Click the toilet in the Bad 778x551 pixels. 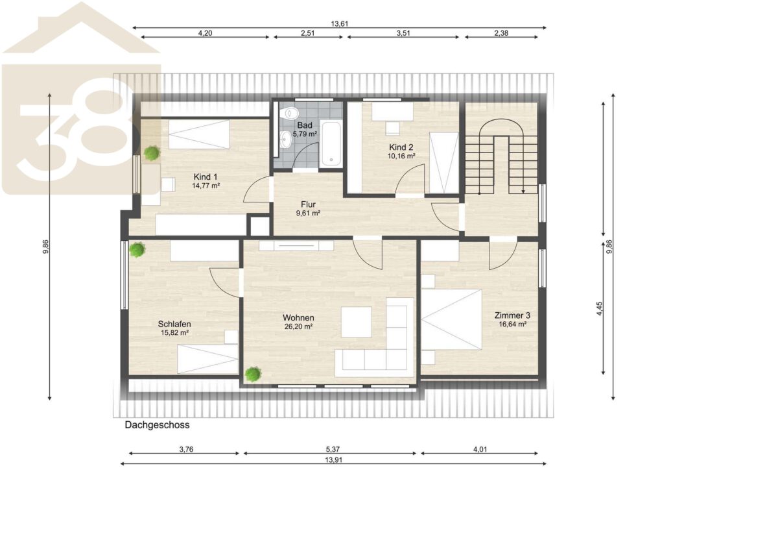[290, 113]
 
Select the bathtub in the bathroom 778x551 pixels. [331, 143]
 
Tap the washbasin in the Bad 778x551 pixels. [285, 140]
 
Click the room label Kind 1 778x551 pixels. [206, 177]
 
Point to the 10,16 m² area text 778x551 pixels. [401, 156]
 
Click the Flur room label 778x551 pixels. [308, 204]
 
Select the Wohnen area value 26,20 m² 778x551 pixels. [298, 327]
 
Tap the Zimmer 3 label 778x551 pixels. [512, 315]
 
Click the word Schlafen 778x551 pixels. [174, 324]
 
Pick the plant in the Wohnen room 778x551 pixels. [253, 374]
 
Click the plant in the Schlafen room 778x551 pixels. [137, 249]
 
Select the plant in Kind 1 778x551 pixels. [152, 153]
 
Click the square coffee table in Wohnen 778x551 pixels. [357, 322]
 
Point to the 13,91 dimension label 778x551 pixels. [333, 460]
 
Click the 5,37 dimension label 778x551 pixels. [333, 450]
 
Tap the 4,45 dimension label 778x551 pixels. [600, 309]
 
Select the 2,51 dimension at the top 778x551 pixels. [307, 33]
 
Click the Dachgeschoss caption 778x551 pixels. [157, 425]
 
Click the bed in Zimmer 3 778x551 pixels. [451, 319]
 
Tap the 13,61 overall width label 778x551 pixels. [339, 24]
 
